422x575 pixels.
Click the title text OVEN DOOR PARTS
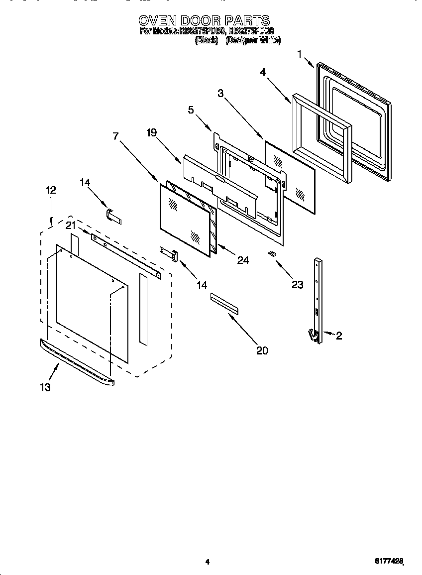(204, 20)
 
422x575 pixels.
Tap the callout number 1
(300, 54)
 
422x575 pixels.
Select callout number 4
(263, 72)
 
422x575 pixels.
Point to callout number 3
(220, 93)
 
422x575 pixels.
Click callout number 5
(191, 110)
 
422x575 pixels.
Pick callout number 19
(151, 132)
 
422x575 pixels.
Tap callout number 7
(115, 136)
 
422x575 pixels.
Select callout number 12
(50, 190)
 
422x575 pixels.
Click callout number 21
(71, 225)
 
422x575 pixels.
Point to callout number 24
(242, 260)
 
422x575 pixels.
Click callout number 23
(297, 285)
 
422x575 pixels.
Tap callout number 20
(262, 350)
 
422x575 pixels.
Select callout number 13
(45, 387)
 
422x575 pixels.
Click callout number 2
(339, 336)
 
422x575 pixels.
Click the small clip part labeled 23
(272, 254)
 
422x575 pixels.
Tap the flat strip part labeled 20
(224, 304)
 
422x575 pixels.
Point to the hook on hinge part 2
(313, 336)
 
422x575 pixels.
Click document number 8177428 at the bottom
(388, 561)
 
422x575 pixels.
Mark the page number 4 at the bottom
(207, 562)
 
